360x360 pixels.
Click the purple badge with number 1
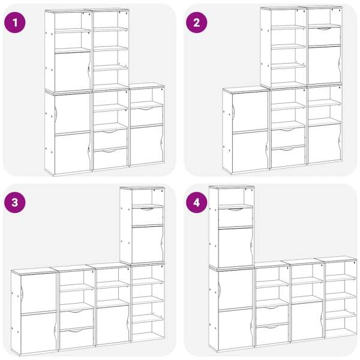click(15, 22)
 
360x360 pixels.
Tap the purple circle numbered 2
click(196, 22)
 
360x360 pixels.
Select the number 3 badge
click(15, 202)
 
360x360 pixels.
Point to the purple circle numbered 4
click(196, 202)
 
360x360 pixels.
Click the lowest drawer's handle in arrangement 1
click(110, 151)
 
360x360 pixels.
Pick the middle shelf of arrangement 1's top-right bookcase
click(110, 49)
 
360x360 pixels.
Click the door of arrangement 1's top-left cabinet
click(73, 71)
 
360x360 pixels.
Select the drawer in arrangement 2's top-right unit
click(324, 36)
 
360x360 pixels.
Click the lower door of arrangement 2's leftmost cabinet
click(250, 152)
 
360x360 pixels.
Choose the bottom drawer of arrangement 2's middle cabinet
click(288, 157)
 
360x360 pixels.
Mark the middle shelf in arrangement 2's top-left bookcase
click(288, 47)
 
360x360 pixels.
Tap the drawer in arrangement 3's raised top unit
click(148, 216)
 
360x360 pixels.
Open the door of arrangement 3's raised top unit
click(148, 244)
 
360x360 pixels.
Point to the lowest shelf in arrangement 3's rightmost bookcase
click(148, 319)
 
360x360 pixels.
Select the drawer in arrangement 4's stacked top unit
click(236, 217)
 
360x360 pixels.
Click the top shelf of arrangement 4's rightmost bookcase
click(341, 278)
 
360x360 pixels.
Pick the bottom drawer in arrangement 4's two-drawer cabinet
click(272, 335)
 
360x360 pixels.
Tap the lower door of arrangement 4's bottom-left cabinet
click(236, 329)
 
